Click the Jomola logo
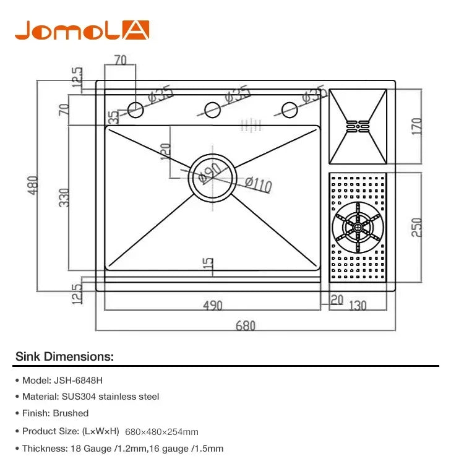click(x=82, y=30)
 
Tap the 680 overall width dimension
click(x=245, y=325)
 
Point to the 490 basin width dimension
click(x=212, y=306)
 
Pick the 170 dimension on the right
click(x=416, y=127)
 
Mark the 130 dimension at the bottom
click(x=357, y=306)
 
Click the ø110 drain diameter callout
click(x=258, y=184)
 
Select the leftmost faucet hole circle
click(x=135, y=110)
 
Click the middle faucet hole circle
click(x=212, y=110)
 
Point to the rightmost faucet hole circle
click(x=289, y=110)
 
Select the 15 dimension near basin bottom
click(x=209, y=265)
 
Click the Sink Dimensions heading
click(x=64, y=357)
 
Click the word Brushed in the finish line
click(x=72, y=413)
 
